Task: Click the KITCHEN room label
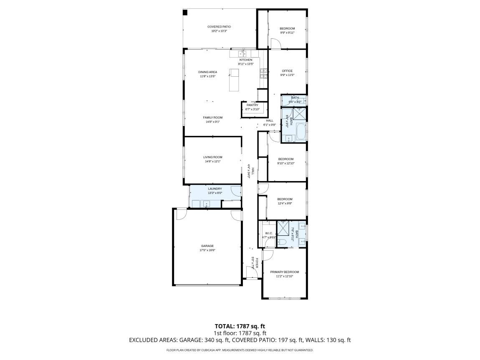tap(245, 60)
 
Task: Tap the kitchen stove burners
tap(263, 73)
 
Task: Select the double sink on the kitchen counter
tap(243, 54)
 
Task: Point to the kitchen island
tap(234, 80)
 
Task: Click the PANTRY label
tap(252, 105)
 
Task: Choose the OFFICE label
tap(287, 71)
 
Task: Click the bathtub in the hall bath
tap(300, 133)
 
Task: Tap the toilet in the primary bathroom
tap(282, 242)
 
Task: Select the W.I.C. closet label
tap(269, 233)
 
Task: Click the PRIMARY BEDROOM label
tap(284, 272)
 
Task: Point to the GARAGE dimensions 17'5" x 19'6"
tap(207, 250)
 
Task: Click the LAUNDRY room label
tap(215, 189)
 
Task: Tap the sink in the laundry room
tap(206, 204)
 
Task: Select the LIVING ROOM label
tap(212, 157)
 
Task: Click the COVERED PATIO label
tap(219, 27)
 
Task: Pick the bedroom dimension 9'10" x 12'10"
tap(286, 163)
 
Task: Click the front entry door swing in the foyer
tap(252, 273)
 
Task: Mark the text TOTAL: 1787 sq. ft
tap(240, 326)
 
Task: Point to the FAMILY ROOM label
tap(212, 118)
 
